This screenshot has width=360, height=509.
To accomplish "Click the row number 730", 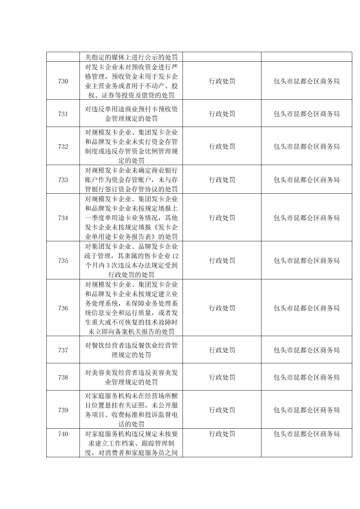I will click(x=63, y=82).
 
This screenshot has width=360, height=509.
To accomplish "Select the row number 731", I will click(x=63, y=114).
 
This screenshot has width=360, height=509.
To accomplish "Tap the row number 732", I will click(x=63, y=147).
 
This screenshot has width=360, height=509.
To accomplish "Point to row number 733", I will click(x=63, y=180).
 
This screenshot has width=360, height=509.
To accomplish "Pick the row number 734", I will click(x=63, y=218).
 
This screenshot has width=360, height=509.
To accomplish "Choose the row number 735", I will click(x=63, y=260).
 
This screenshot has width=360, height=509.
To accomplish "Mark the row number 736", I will click(x=63, y=308).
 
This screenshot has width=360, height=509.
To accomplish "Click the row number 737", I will click(x=63, y=350).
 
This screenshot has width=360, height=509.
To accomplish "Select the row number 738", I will click(x=63, y=377).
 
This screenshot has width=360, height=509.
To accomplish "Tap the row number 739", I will click(x=63, y=410).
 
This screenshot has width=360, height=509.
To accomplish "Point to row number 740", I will click(x=63, y=434).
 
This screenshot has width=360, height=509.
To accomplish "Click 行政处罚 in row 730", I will click(x=222, y=82).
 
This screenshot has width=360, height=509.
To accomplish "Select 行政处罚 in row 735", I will click(x=222, y=260).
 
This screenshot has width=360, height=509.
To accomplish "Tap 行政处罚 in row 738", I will click(x=222, y=377).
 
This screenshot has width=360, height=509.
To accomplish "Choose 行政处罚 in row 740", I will click(x=222, y=434).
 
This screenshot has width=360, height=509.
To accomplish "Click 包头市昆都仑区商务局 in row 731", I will click(x=306, y=114).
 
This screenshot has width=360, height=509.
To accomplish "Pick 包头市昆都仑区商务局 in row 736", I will click(x=306, y=308).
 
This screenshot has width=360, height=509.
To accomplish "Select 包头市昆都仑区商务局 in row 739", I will click(x=306, y=410).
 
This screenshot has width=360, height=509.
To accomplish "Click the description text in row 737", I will click(x=131, y=350).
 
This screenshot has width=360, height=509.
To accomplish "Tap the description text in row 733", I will click(x=131, y=180).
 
